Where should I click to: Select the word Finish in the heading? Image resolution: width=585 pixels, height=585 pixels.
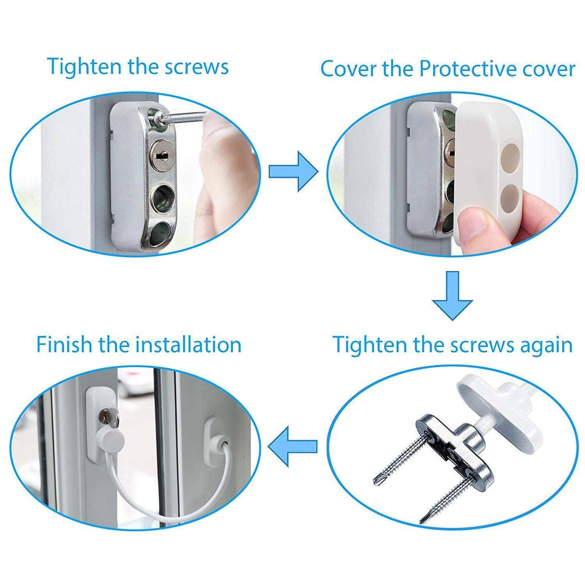pos(64,345)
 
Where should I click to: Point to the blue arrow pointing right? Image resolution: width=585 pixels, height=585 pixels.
pos(293,171)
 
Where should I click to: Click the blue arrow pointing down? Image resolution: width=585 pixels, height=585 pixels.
pos(452,296)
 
